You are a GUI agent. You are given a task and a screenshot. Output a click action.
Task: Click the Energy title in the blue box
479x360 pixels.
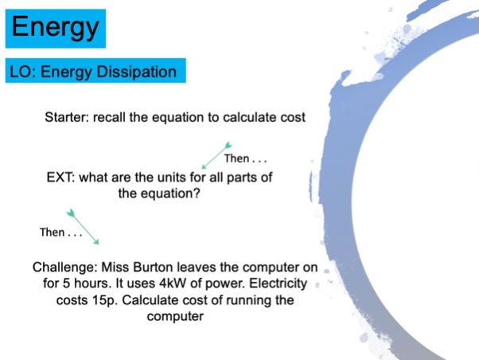(55, 28)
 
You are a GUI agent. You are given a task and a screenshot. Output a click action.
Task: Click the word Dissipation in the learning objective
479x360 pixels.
(136, 72)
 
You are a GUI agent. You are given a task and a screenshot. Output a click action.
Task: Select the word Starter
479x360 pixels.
(67, 117)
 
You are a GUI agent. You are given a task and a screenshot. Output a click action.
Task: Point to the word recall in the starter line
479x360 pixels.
(109, 117)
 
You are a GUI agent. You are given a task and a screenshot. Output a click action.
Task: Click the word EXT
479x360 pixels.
(60, 178)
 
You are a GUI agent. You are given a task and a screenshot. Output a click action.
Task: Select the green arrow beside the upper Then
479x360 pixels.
(216, 155)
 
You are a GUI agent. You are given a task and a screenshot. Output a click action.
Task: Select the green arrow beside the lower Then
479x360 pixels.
(83, 227)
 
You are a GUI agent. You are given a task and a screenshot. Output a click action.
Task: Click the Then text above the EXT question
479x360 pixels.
(245, 158)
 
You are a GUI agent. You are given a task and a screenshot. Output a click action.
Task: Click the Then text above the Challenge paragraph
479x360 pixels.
(60, 232)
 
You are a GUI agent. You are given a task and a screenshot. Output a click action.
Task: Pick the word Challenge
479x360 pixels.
(64, 268)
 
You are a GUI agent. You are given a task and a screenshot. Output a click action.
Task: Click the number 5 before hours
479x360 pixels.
(66, 284)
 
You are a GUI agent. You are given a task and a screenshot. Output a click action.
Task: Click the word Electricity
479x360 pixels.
(278, 284)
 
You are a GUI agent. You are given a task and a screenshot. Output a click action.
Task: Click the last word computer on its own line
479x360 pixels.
(175, 316)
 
